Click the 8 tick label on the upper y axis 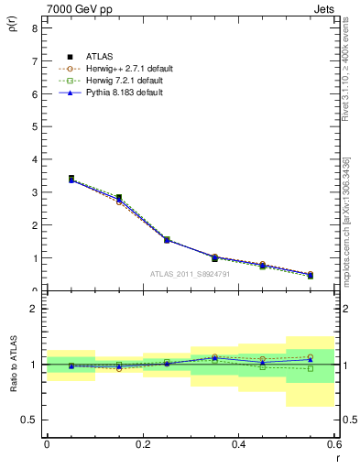point(34,28)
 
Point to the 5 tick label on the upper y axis point(34,126)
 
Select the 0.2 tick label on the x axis point(142,444)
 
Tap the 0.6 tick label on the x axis point(334,444)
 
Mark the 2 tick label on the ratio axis point(34,309)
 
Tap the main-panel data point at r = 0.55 point(311,275)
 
